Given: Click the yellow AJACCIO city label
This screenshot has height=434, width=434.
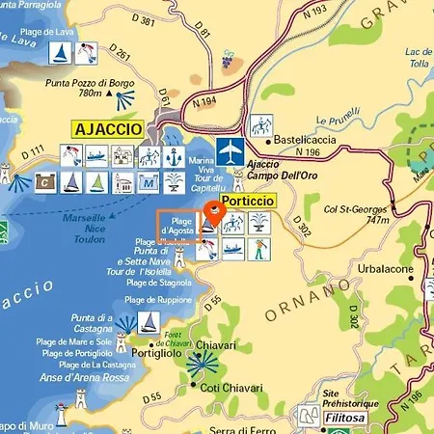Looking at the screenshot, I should pyautogui.click(x=107, y=128).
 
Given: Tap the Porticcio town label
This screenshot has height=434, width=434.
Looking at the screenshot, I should pyautogui.click(x=248, y=201).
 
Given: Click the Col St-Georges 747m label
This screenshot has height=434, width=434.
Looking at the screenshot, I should pyautogui.click(x=357, y=214).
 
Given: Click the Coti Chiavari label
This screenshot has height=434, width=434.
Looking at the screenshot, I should pyautogui.click(x=228, y=387).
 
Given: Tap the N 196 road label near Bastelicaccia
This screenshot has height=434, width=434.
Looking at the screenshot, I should pyautogui.click(x=308, y=152).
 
